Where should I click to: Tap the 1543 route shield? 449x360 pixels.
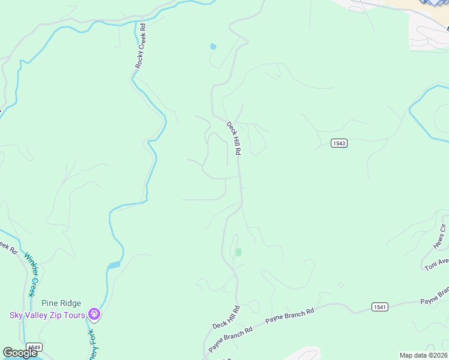point(339,143)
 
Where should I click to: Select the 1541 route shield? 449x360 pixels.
point(379,307)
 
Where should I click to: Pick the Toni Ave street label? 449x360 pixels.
point(437,263)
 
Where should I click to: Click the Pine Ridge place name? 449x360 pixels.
point(61,304)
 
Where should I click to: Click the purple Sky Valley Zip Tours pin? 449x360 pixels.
point(94,314)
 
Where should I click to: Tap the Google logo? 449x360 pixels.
point(20,353)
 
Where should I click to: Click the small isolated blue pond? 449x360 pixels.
point(213,46)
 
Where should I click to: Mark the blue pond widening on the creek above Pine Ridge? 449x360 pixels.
point(114,265)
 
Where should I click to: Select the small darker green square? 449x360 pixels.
point(238,252)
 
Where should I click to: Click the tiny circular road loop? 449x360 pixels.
point(341,284)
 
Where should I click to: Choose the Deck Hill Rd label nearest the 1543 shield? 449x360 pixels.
point(233,139)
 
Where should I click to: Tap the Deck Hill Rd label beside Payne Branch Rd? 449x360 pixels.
point(226,317)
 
